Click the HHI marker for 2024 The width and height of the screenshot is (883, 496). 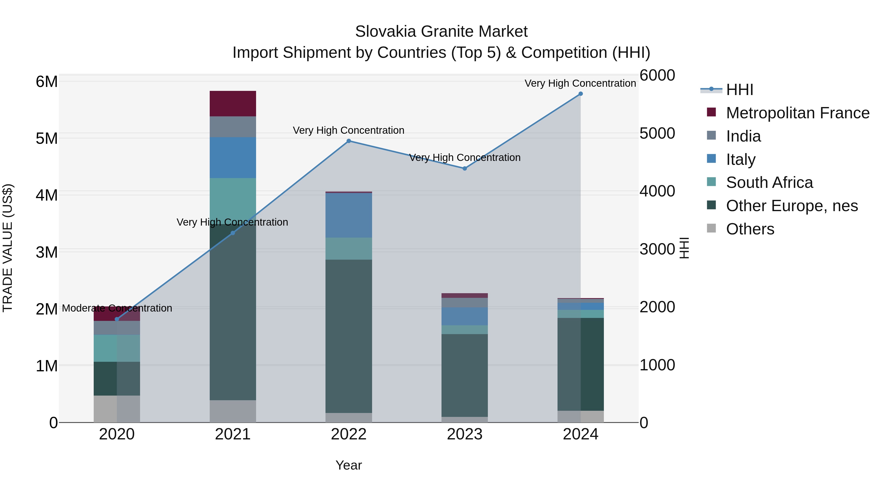coord(580,94)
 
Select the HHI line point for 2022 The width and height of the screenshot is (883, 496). coord(349,141)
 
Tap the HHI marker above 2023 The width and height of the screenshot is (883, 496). coord(465,169)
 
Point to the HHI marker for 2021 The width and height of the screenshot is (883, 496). coord(233,233)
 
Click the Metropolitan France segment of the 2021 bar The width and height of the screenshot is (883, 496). coord(233,104)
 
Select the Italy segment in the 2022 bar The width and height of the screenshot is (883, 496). coord(349,215)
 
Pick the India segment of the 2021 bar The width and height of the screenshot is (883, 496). coord(233,127)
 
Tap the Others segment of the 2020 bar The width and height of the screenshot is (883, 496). coord(117,409)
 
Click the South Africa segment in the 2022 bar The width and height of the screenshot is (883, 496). coord(349,249)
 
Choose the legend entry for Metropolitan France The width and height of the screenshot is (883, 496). coord(797,113)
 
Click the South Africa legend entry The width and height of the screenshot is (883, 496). coord(769,182)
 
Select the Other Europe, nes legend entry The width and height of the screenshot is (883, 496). coord(792,206)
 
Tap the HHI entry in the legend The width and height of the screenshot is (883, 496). coord(739,90)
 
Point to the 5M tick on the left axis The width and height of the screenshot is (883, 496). coord(47,139)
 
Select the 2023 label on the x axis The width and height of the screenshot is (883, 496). coord(465,434)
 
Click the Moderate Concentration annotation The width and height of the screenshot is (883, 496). coord(117,308)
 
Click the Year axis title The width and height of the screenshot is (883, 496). coord(349,465)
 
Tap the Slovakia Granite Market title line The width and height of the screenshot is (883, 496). coord(441,32)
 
